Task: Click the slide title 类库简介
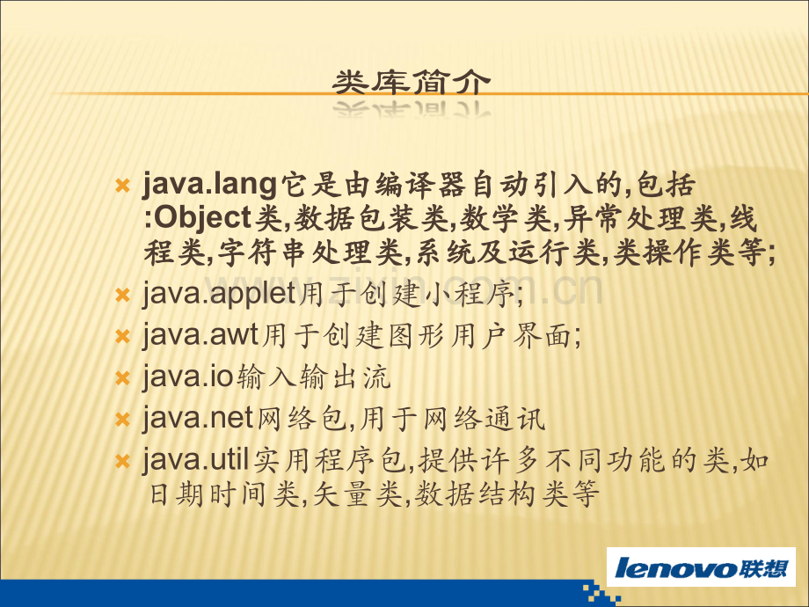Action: pyautogui.click(x=411, y=83)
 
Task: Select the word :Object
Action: pyautogui.click(x=198, y=217)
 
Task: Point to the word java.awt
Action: pyautogui.click(x=200, y=336)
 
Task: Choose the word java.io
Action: pyautogui.click(x=188, y=377)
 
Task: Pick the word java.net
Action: pyautogui.click(x=198, y=419)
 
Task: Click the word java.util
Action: pyautogui.click(x=196, y=459)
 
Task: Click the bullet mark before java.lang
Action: pyautogui.click(x=122, y=186)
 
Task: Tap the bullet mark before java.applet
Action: pyautogui.click(x=122, y=296)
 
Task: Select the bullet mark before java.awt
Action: pyautogui.click(x=122, y=337)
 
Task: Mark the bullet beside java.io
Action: pyautogui.click(x=122, y=377)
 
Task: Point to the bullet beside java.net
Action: pyautogui.click(x=122, y=419)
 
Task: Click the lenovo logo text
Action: pyautogui.click(x=675, y=567)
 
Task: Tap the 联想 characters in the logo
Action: pyautogui.click(x=763, y=567)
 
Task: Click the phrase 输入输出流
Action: pyautogui.click(x=314, y=377)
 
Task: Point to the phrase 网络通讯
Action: pyautogui.click(x=484, y=419)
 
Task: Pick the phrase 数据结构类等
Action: pyautogui.click(x=507, y=494)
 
